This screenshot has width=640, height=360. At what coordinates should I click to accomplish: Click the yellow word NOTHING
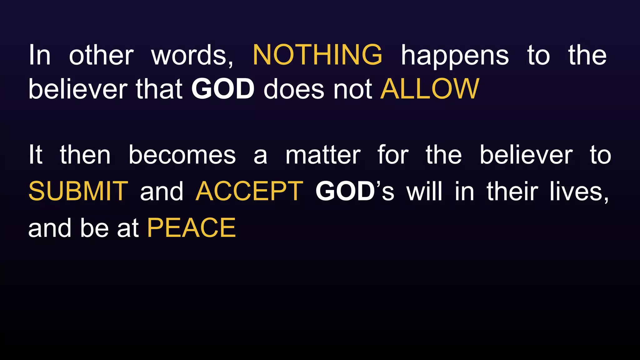[x=317, y=55]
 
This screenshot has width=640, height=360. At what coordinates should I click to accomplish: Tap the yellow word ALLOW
[x=430, y=89]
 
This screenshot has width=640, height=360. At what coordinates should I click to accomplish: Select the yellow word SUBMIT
[x=78, y=191]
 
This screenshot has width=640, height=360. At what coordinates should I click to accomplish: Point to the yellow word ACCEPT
[x=249, y=191]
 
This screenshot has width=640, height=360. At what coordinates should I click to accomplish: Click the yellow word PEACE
[x=191, y=228]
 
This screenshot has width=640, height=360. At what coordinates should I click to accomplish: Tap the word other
[x=101, y=56]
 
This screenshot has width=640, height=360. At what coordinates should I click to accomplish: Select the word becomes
[x=182, y=155]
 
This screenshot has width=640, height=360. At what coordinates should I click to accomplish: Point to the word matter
[x=323, y=155]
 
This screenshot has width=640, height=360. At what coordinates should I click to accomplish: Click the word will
[x=424, y=191]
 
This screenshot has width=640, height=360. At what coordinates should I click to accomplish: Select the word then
[x=85, y=155]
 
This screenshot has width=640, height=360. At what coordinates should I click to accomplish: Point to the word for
[x=393, y=155]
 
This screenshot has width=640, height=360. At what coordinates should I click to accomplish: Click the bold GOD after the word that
[x=223, y=89]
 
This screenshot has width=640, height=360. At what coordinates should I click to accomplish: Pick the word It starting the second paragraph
[x=35, y=155]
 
